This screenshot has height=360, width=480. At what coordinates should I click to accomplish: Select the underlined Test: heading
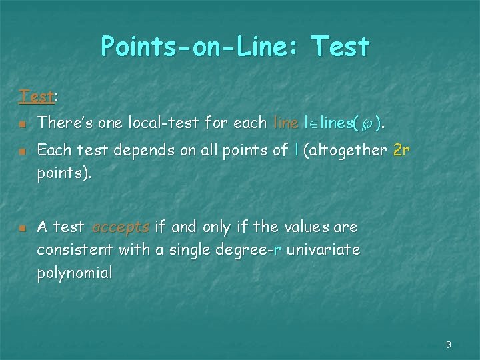pos(37,97)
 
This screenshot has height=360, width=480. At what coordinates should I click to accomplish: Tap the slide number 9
pos(449,345)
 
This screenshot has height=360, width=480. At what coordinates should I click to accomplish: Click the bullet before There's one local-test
pos(22,125)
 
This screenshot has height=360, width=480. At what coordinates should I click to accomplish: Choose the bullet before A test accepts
pos(22,229)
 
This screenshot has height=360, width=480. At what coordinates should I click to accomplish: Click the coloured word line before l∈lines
pos(286,123)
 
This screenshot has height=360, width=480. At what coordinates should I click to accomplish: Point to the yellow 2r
pos(401,151)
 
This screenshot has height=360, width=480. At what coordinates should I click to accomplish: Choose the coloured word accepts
pos(121,227)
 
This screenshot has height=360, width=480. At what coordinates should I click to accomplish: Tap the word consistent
pos(75,250)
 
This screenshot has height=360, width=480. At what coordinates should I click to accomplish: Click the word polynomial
pos(75,273)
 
